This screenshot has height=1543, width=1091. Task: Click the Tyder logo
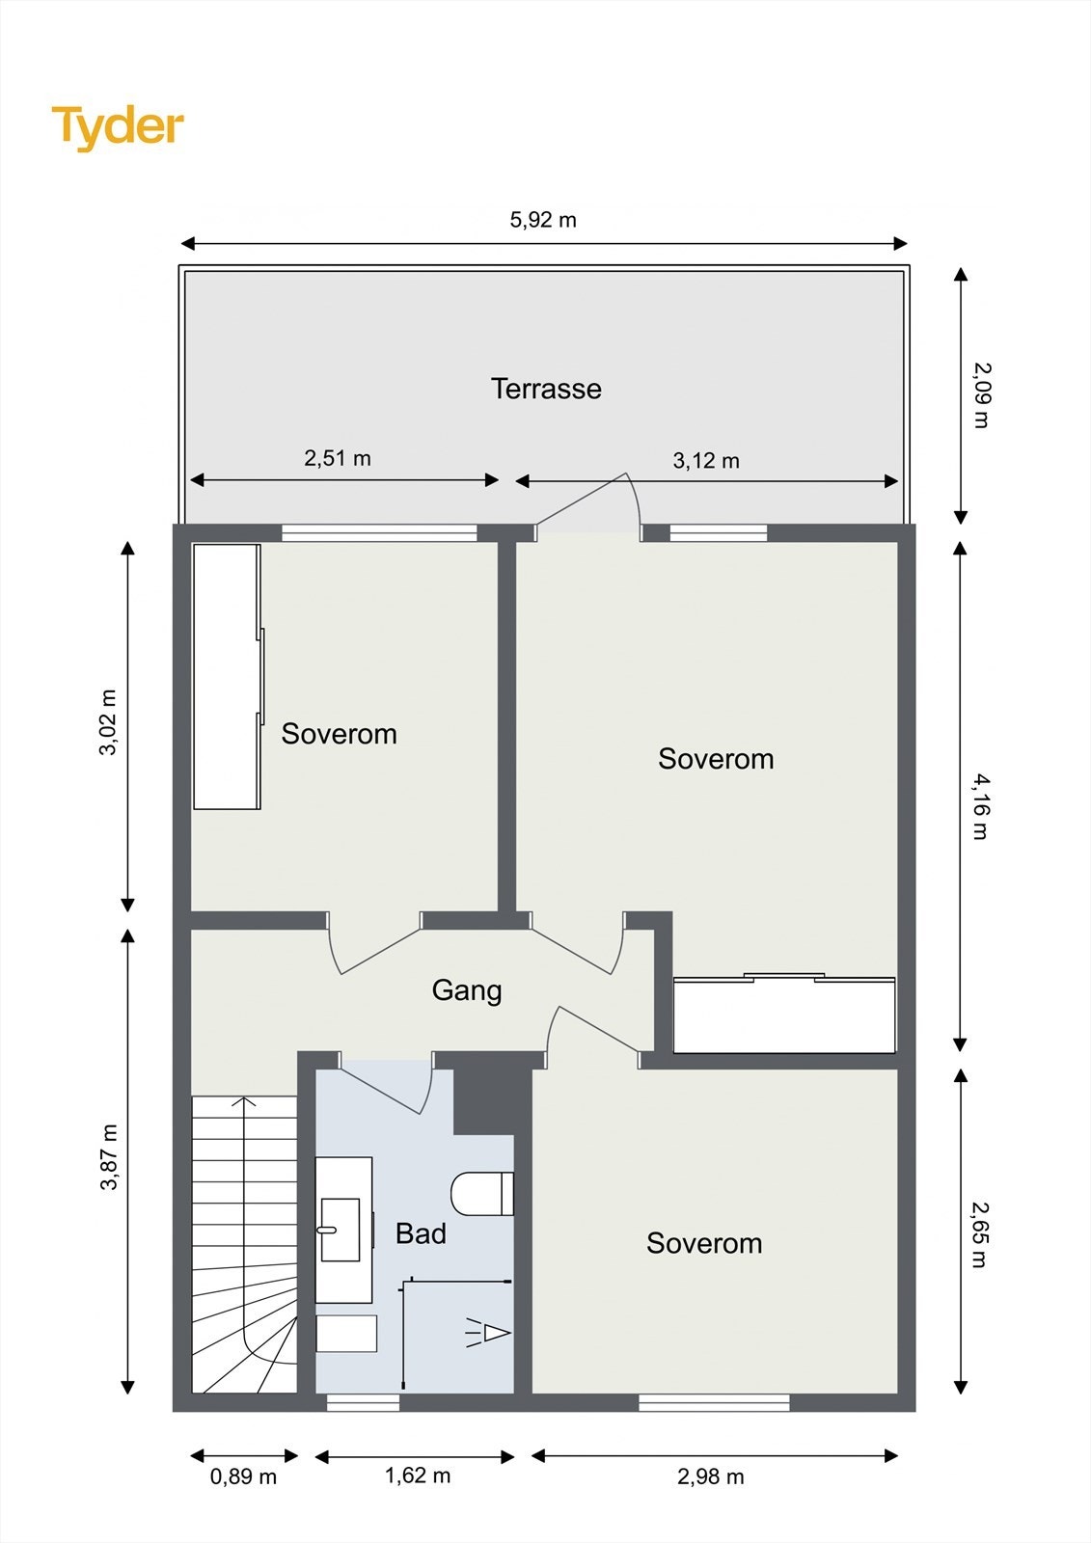coord(118,127)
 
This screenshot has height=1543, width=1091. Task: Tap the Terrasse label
coord(546,390)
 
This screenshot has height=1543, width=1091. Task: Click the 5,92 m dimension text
coord(543,220)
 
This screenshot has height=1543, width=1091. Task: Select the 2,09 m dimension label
coord(980,395)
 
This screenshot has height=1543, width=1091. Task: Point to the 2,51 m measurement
coord(338,458)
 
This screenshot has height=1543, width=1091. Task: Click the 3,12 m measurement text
coord(706,460)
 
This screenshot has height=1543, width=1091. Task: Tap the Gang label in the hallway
coord(467,991)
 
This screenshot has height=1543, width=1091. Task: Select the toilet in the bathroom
coord(482,1194)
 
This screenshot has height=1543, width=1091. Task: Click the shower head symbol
coord(489,1332)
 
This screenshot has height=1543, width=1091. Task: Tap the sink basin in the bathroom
coord(340,1230)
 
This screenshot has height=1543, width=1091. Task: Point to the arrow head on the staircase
coord(244,1101)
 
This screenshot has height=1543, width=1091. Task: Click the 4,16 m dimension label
coord(980,806)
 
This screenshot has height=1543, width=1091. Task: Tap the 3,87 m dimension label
coord(109,1156)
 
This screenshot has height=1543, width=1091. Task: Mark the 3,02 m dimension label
coord(108,722)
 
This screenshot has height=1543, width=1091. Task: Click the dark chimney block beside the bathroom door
coord(491,1101)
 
